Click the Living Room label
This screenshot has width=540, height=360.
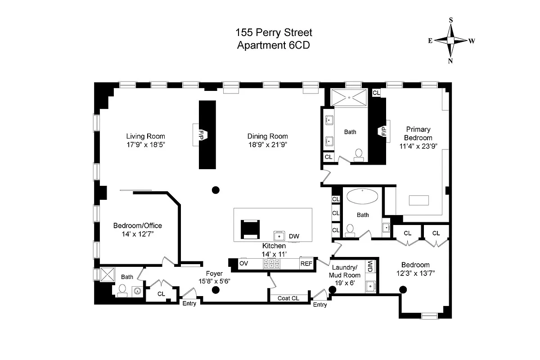click(145, 136)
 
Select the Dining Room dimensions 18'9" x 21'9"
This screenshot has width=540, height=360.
click(267, 145)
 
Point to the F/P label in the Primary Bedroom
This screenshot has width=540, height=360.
click(384, 131)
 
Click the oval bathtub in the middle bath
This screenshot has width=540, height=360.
click(363, 198)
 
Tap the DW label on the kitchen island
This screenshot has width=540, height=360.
click(294, 236)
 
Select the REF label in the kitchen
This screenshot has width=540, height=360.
click(306, 264)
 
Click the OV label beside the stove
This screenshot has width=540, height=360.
click(243, 263)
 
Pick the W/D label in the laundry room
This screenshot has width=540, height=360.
click(370, 266)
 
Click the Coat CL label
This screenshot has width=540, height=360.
click(288, 298)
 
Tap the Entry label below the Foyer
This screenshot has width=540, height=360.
click(189, 304)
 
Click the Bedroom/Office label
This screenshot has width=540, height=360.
click(137, 225)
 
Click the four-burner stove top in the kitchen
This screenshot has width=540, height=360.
click(272, 264)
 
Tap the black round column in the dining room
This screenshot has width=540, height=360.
click(216, 190)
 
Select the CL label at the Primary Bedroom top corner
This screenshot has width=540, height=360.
click(376, 93)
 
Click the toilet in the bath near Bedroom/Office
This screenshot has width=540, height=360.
click(122, 292)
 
